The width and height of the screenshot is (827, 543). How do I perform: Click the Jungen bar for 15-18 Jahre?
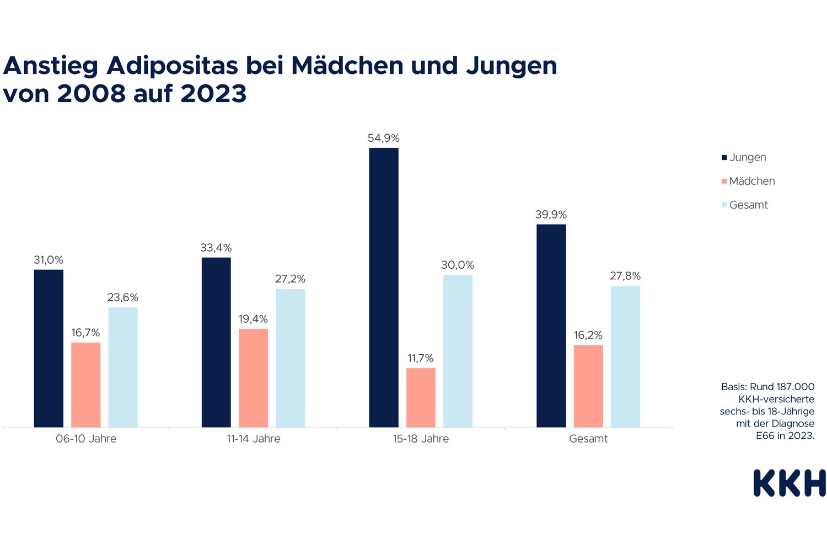(384, 287)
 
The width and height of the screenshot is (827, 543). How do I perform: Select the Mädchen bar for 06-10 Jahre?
(86, 385)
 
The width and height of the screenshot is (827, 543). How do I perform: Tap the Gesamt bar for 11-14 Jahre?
(291, 358)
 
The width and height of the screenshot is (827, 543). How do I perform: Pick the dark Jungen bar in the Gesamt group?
(551, 326)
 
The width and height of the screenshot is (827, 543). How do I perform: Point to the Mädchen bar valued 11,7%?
(421, 397)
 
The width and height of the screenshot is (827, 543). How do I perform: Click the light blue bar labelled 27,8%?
(625, 356)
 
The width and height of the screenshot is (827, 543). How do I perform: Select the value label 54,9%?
(384, 139)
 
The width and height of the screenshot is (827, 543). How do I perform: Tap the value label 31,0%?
(49, 260)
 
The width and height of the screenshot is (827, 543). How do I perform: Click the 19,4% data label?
(253, 319)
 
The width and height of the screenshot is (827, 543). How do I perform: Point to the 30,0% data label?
(458, 265)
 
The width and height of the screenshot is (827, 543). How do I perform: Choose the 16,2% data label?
(588, 336)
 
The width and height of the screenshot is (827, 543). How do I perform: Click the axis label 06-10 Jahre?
(86, 439)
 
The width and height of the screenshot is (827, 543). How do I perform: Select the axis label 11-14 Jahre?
(253, 439)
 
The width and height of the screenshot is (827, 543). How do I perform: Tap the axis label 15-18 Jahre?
(421, 439)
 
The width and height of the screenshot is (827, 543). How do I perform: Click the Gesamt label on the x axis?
(588, 439)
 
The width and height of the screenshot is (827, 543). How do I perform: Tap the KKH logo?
(790, 483)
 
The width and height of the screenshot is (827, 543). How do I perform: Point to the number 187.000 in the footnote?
(794, 387)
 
